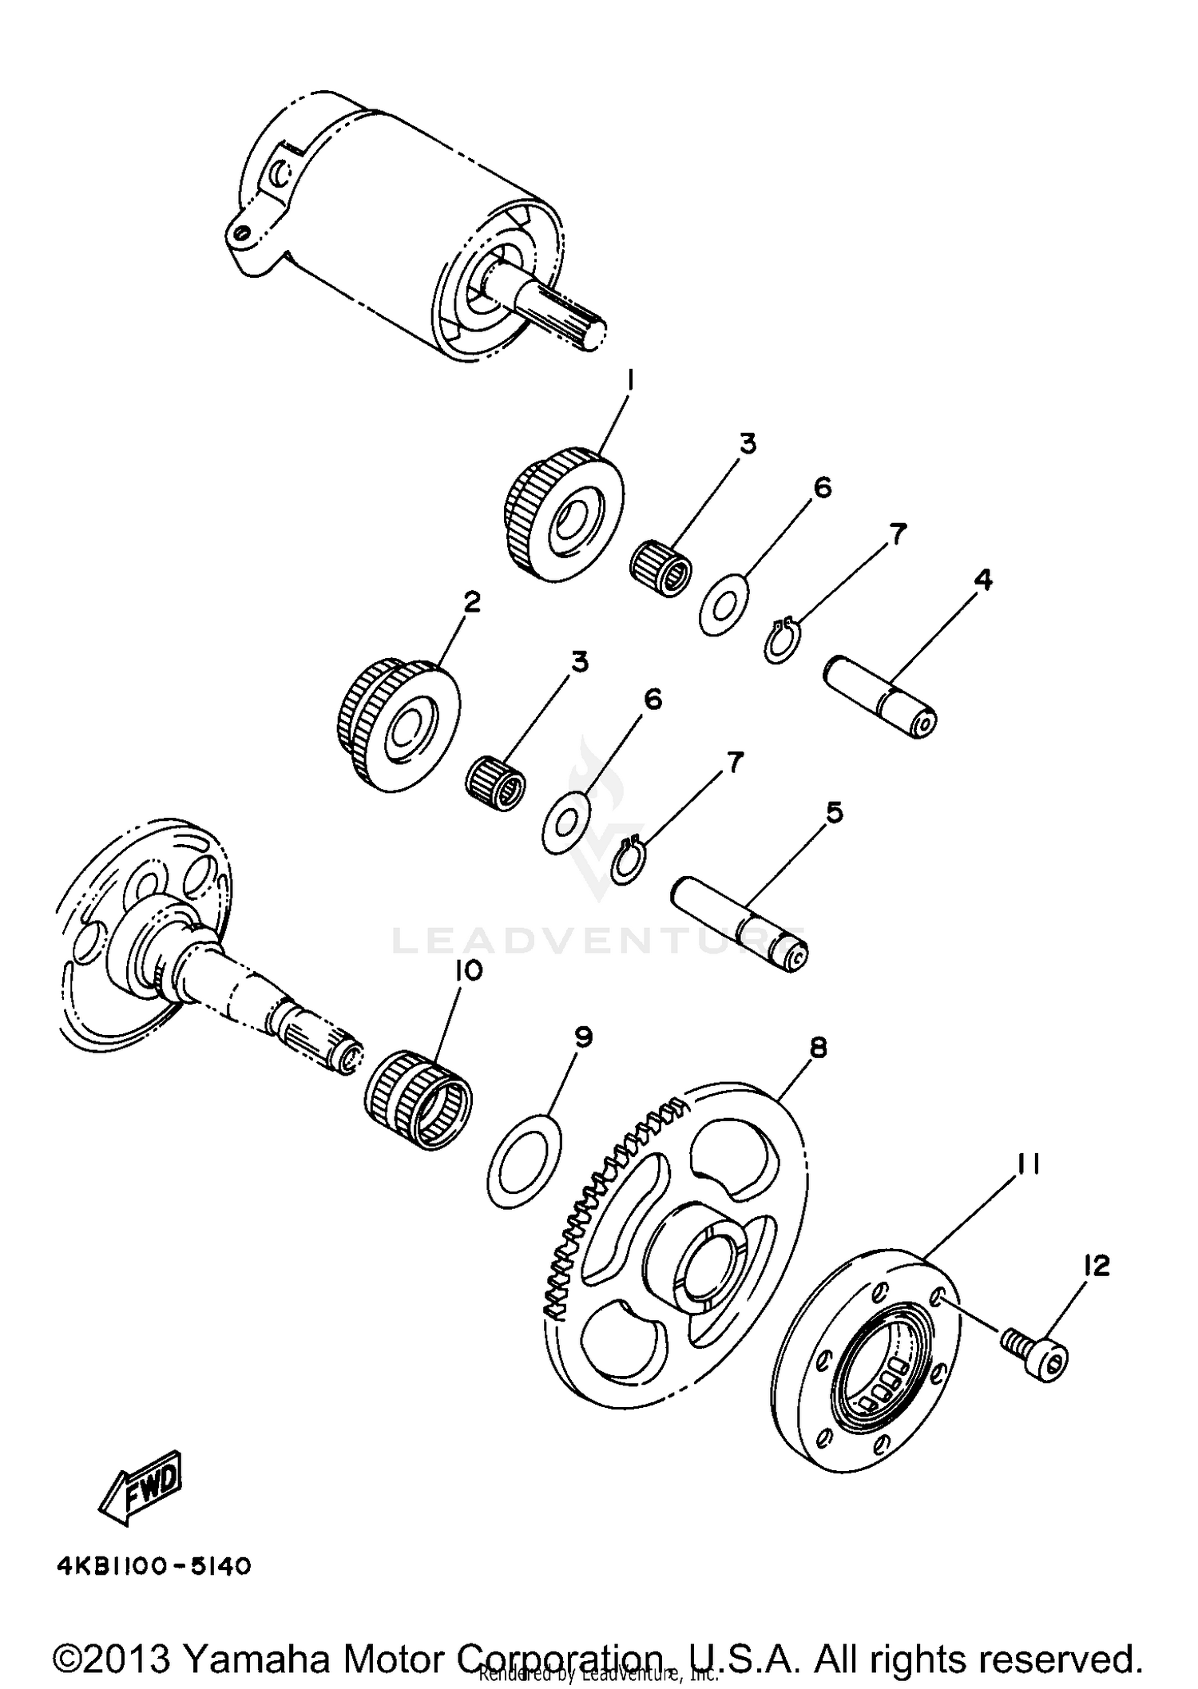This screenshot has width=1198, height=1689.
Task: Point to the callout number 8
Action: [818, 1048]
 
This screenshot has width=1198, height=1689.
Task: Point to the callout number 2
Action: [472, 602]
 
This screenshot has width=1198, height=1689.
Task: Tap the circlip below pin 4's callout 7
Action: [779, 640]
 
